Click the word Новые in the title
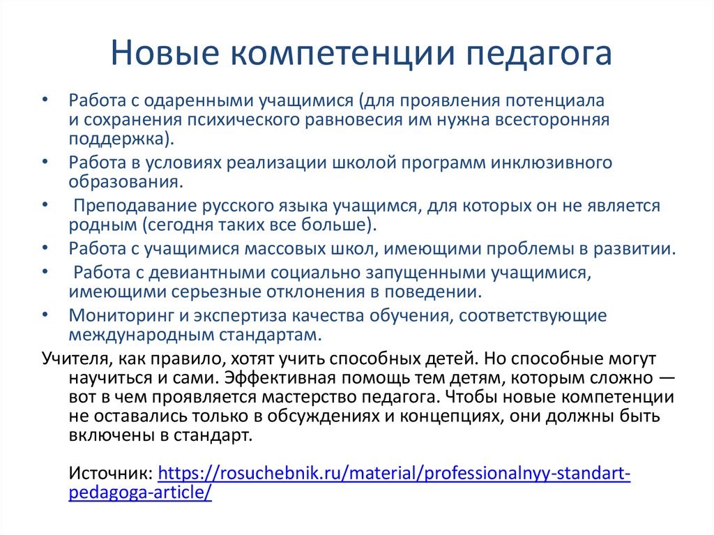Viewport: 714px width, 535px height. tap(162, 54)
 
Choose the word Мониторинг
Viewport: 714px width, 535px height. tap(117, 315)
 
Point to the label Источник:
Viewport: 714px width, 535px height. tap(112, 474)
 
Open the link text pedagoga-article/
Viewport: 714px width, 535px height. tap(139, 492)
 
